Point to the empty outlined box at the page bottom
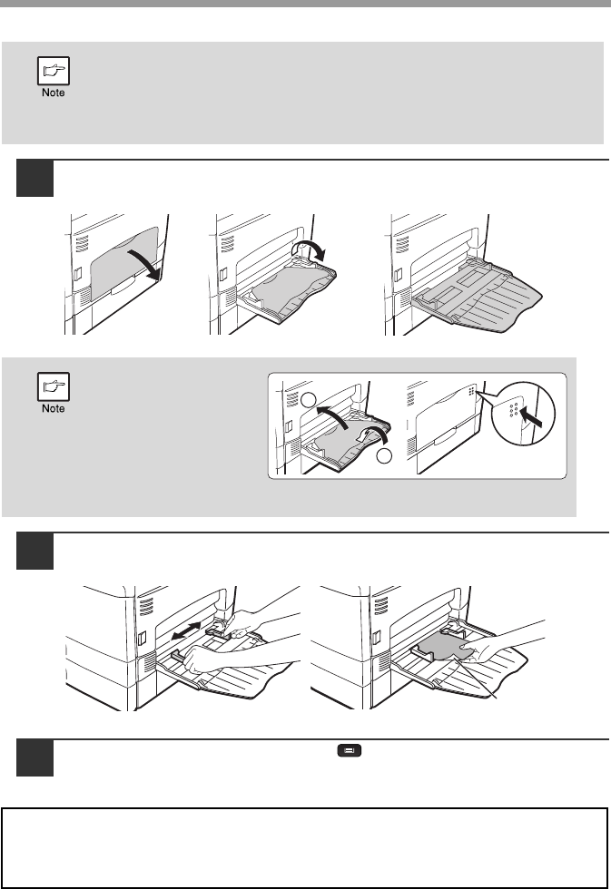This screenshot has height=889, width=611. (305, 849)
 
